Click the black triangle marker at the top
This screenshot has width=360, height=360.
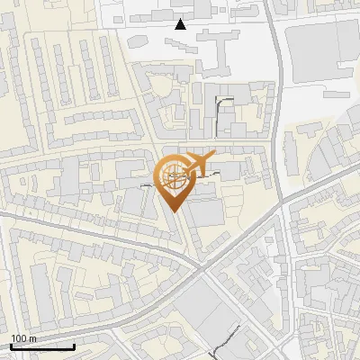click(x=181, y=24)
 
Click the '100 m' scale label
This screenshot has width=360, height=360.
click(x=24, y=338)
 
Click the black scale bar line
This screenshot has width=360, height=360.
click(x=42, y=346)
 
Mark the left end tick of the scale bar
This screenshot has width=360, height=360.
click(x=10, y=345)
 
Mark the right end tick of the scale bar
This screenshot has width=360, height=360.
click(x=75, y=345)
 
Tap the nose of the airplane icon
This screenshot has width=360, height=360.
click(x=215, y=157)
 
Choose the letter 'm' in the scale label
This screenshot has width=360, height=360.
click(x=33, y=338)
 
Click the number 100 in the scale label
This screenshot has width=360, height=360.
click(x=19, y=338)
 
